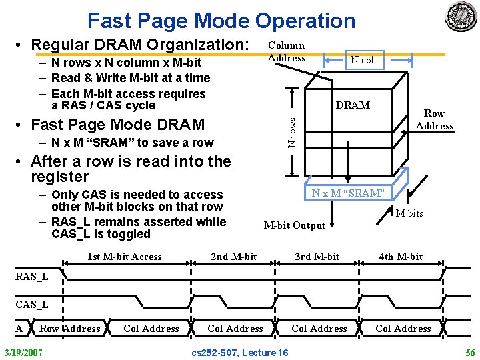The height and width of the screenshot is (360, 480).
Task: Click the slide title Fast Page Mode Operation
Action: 221,21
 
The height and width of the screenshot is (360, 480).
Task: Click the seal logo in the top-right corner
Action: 461,17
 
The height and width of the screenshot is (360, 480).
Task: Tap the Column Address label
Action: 287,51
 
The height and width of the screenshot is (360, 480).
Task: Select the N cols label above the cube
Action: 365,60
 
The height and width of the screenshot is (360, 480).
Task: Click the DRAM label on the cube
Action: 353,105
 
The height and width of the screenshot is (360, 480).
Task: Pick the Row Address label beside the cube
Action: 435,119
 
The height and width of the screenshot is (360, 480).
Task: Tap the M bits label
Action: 409,213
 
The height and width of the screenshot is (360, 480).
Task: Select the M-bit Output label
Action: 295,225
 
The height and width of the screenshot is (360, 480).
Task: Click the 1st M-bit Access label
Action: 125,257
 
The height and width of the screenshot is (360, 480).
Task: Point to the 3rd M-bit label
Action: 317,257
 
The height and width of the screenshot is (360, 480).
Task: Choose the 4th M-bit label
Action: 401,257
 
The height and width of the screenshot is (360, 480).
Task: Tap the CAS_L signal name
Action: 32,305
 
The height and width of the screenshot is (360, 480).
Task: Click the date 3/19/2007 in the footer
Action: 23,351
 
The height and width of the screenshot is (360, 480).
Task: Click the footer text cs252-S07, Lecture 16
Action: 240,351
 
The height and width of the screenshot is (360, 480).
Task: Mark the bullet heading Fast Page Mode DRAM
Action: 118,125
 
